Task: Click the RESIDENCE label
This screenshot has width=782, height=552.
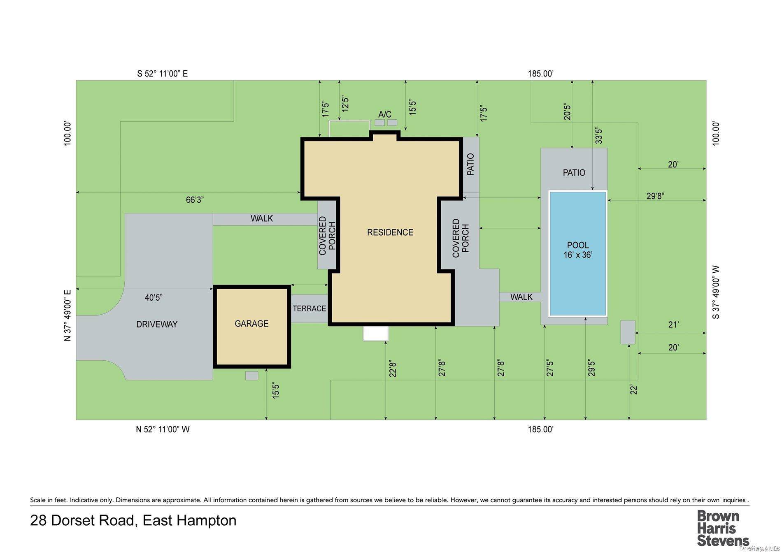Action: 390,232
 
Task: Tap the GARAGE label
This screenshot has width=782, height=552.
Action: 251,324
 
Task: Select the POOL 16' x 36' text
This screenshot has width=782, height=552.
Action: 577,250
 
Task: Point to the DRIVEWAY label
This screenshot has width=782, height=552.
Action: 157,324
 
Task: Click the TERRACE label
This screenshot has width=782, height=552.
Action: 309,308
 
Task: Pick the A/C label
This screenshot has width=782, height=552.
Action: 385,114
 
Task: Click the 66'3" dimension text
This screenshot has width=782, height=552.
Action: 195,200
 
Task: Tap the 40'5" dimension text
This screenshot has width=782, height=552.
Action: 154,297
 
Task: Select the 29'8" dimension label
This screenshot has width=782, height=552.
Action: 655,196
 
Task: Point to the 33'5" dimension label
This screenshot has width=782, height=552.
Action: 599,136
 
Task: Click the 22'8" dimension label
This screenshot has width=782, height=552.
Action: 393,369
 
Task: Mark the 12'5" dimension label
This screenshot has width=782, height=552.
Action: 345,104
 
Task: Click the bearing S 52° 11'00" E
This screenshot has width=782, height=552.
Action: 162,74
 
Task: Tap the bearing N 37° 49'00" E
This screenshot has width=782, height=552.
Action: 68,315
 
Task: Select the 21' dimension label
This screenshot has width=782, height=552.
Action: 673,325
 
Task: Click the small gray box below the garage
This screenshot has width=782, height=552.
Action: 251,376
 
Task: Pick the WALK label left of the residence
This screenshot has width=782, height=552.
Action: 261,218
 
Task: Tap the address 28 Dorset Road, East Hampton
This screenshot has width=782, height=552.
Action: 133,520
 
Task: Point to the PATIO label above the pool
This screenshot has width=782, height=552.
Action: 574,173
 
